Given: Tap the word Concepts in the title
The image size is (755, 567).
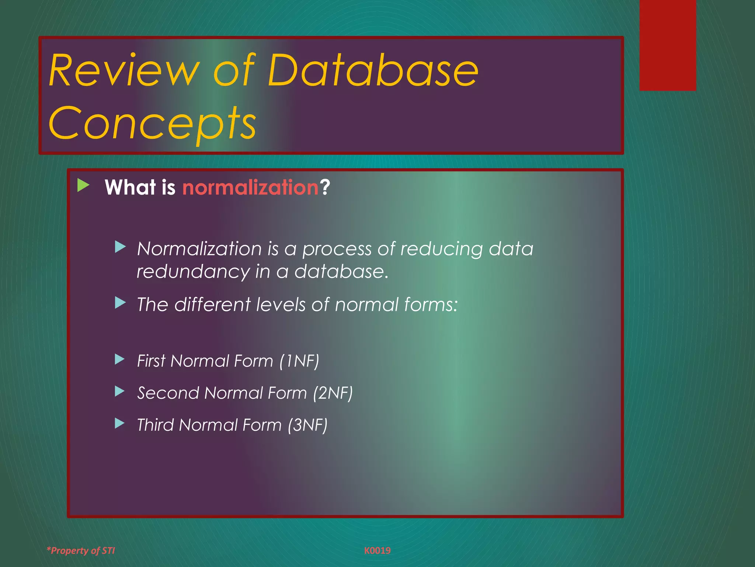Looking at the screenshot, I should point(152,123).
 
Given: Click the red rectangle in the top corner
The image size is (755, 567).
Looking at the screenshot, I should point(667,45).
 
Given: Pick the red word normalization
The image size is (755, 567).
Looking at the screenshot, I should point(250,187).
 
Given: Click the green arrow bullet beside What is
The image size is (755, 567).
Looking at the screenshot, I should point(83,185).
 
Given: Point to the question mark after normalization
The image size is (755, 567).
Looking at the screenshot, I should point(325,187).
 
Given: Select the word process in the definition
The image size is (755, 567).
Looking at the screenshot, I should point(337,249).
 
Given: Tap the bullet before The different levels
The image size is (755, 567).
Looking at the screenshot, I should point(120,303).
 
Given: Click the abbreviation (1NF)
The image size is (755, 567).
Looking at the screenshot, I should point(299,361).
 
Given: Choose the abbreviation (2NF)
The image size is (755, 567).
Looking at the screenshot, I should point(333,393).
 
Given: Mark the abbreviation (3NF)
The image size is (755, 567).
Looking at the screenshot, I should point(307,425).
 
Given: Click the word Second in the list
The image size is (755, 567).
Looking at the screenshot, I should point(168,393).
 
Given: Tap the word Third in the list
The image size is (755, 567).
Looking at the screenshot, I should point(155,425).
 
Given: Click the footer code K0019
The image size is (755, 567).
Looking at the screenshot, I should point(377,550).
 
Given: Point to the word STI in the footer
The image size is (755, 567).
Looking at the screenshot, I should point(108,550).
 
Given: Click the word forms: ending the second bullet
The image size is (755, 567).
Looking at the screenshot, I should point(431,305).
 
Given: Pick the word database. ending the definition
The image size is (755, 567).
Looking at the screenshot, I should point(341,272).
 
